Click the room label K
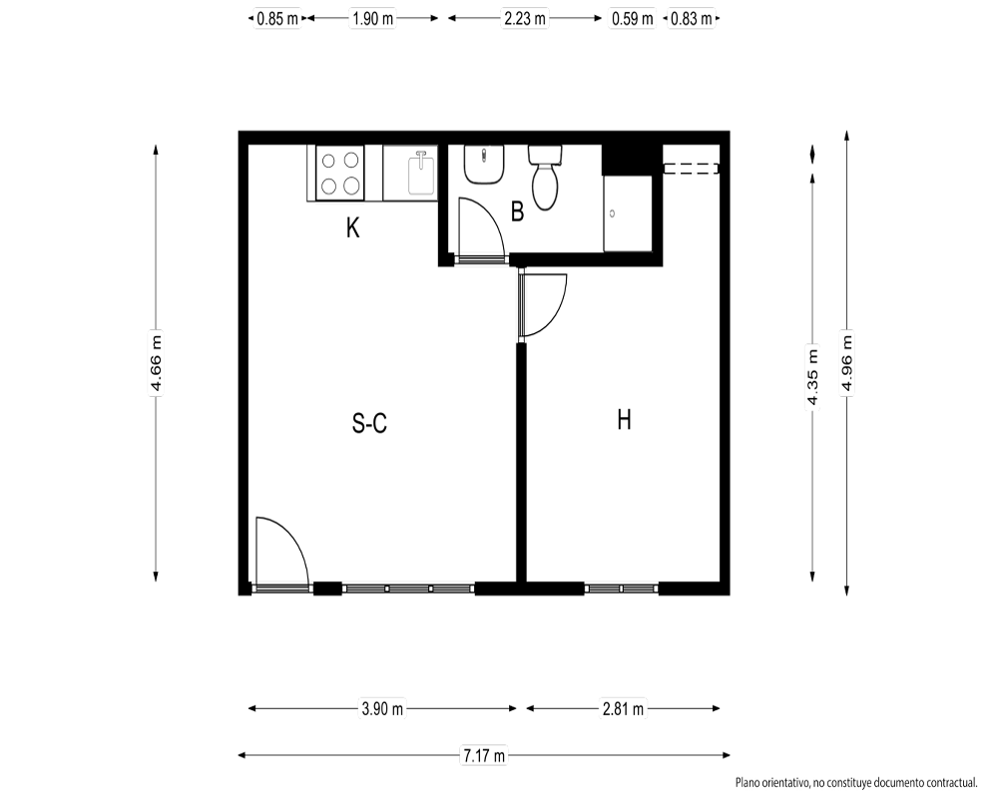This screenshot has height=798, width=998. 352,227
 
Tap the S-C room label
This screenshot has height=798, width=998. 370,423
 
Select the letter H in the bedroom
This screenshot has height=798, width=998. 625,420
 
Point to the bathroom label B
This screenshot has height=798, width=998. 517,211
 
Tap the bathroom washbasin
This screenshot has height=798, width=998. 484,165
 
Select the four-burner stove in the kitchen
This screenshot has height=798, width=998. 340,173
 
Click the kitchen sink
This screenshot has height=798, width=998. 421,173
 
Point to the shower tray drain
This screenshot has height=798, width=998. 613,213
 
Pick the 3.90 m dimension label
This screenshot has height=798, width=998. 382,708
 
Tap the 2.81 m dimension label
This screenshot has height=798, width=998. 623,708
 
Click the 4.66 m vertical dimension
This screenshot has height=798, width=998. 156,363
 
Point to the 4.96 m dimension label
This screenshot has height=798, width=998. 846,363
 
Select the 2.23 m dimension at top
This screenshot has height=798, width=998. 525,19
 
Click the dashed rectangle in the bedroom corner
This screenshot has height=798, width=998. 692,169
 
